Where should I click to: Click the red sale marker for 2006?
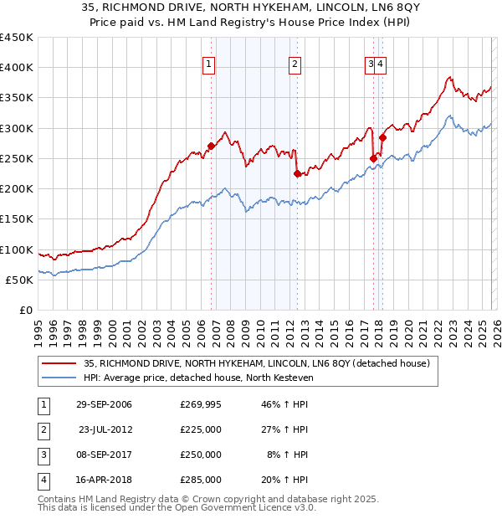tap(211, 146)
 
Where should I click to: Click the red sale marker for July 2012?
tap(297, 173)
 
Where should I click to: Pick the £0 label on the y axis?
tap(27, 310)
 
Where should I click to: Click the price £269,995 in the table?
tap(200, 405)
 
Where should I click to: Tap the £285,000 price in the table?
tap(200, 480)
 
